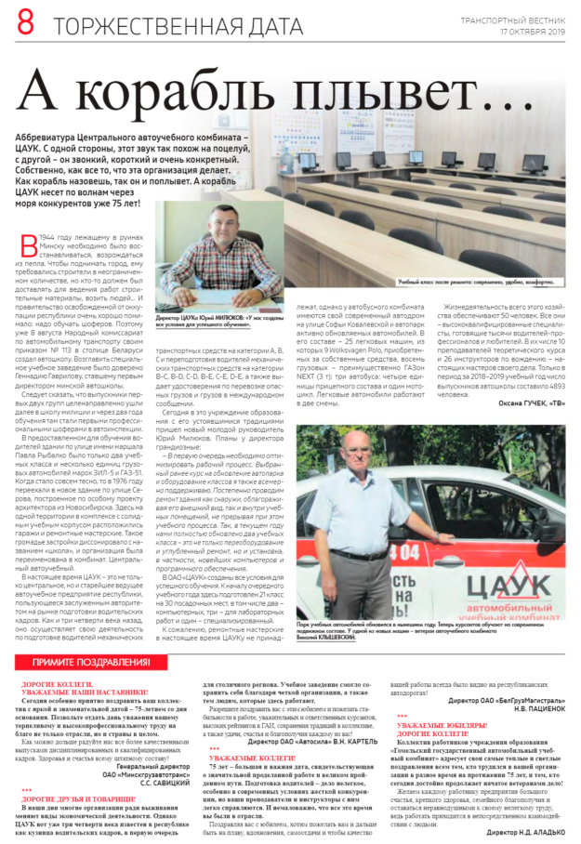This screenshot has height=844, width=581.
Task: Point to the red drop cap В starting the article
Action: pyautogui.click(x=27, y=244)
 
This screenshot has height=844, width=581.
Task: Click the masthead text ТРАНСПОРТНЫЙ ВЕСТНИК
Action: pyautogui.click(x=512, y=20)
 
